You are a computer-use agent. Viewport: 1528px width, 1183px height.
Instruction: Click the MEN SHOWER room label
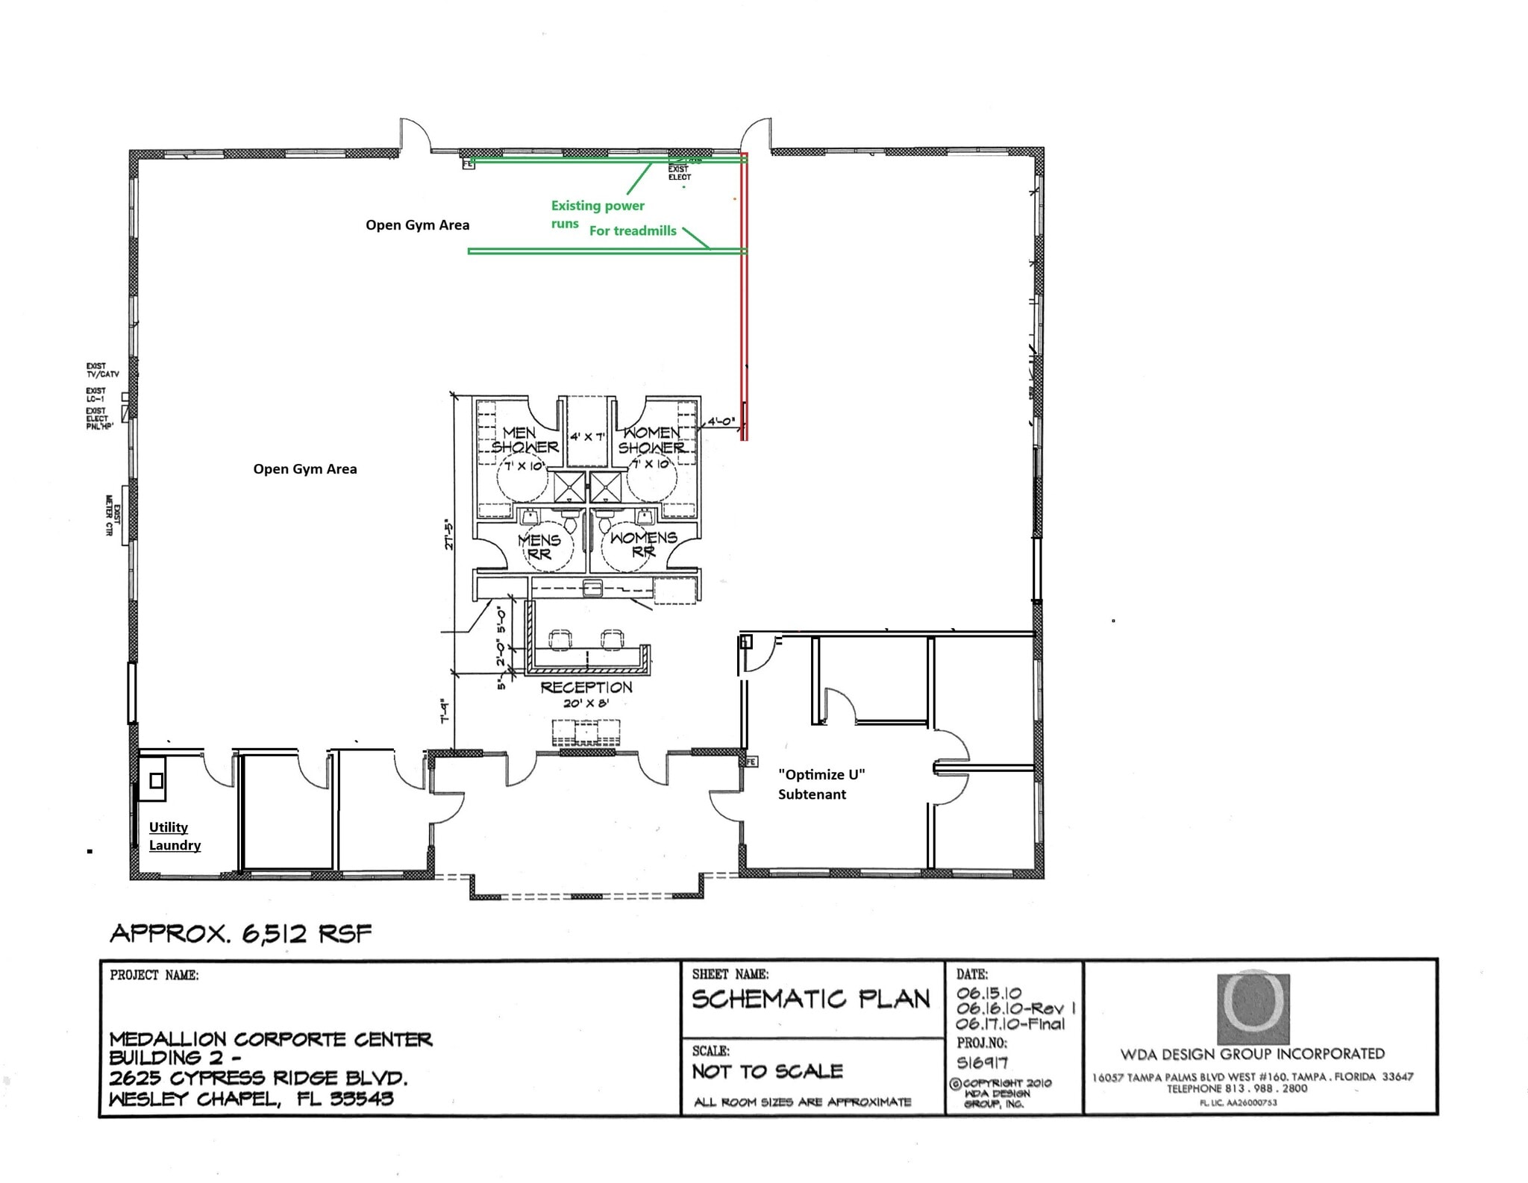(524, 440)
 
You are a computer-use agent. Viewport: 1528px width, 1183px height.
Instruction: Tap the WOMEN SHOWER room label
(651, 440)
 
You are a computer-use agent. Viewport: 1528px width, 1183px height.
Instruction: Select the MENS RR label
(539, 546)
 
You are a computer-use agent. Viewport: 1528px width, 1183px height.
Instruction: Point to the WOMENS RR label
(643, 544)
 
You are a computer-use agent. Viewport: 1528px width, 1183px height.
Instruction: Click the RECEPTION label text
(586, 687)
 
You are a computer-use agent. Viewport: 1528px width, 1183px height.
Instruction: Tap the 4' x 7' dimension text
(588, 436)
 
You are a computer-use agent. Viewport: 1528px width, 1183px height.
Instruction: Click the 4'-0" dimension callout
(721, 421)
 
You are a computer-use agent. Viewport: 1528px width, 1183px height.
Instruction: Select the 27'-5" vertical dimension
(448, 534)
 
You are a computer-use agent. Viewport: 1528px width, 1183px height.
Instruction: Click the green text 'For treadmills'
(633, 230)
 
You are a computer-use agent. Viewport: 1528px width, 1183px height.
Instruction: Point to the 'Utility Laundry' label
(175, 835)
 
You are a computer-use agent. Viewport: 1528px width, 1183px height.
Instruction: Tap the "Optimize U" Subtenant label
(821, 784)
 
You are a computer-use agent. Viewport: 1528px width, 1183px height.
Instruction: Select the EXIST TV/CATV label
(101, 370)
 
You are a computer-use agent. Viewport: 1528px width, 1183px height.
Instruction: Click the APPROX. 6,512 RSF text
(240, 934)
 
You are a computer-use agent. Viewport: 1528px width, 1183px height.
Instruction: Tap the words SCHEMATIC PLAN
(810, 1000)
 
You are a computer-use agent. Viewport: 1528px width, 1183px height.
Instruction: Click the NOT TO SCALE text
(767, 1071)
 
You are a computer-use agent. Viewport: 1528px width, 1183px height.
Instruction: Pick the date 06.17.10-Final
(1010, 1024)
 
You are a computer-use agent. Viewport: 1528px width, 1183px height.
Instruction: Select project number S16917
(982, 1062)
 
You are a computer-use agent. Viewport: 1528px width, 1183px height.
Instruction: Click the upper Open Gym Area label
(417, 225)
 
